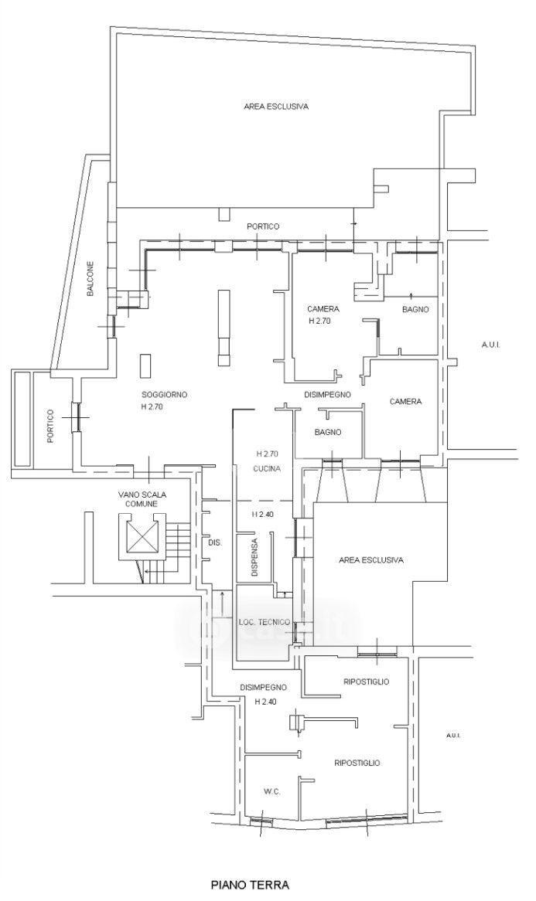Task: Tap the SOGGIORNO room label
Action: (165, 395)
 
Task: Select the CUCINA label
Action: (267, 469)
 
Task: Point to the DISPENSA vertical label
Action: (254, 557)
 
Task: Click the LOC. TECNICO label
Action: (264, 622)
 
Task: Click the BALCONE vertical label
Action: (90, 279)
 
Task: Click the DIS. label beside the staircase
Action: (214, 542)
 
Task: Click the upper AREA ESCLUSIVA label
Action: (277, 107)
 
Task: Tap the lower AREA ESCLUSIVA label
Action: (371, 559)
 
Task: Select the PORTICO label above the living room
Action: (264, 226)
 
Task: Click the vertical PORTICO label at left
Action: (50, 426)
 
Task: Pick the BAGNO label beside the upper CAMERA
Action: (415, 309)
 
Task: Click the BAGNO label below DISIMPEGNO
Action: (329, 432)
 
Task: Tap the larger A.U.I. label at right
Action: (491, 345)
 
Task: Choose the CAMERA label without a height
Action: (406, 402)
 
